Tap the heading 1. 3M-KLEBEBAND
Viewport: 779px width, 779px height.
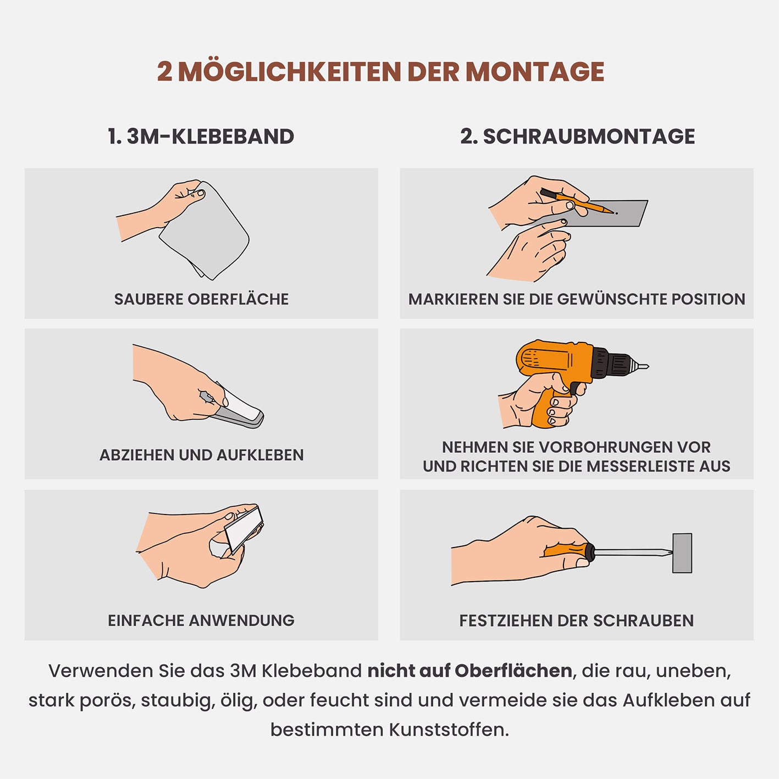point(201,136)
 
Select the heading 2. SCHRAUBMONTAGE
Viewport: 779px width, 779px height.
point(577,136)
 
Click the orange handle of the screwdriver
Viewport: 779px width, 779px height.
point(566,550)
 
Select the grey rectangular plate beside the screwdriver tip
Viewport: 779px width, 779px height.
point(682,553)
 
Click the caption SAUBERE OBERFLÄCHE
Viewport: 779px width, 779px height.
point(201,299)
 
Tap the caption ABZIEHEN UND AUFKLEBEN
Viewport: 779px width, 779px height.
point(201,455)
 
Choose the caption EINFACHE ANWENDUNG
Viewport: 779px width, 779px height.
point(201,621)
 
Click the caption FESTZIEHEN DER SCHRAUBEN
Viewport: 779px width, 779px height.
point(576,621)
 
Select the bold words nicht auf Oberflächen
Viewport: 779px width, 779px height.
point(469,671)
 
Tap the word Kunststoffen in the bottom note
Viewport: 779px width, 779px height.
point(449,730)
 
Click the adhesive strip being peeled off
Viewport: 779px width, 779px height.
point(242,410)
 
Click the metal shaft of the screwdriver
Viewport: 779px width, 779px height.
point(632,553)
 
